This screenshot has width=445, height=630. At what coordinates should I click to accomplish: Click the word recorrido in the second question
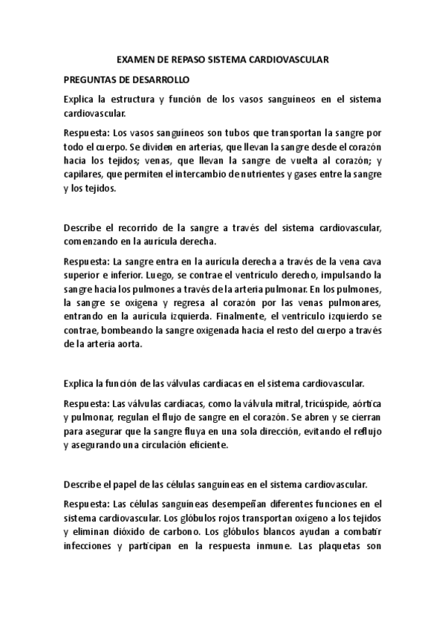click(x=132, y=226)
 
